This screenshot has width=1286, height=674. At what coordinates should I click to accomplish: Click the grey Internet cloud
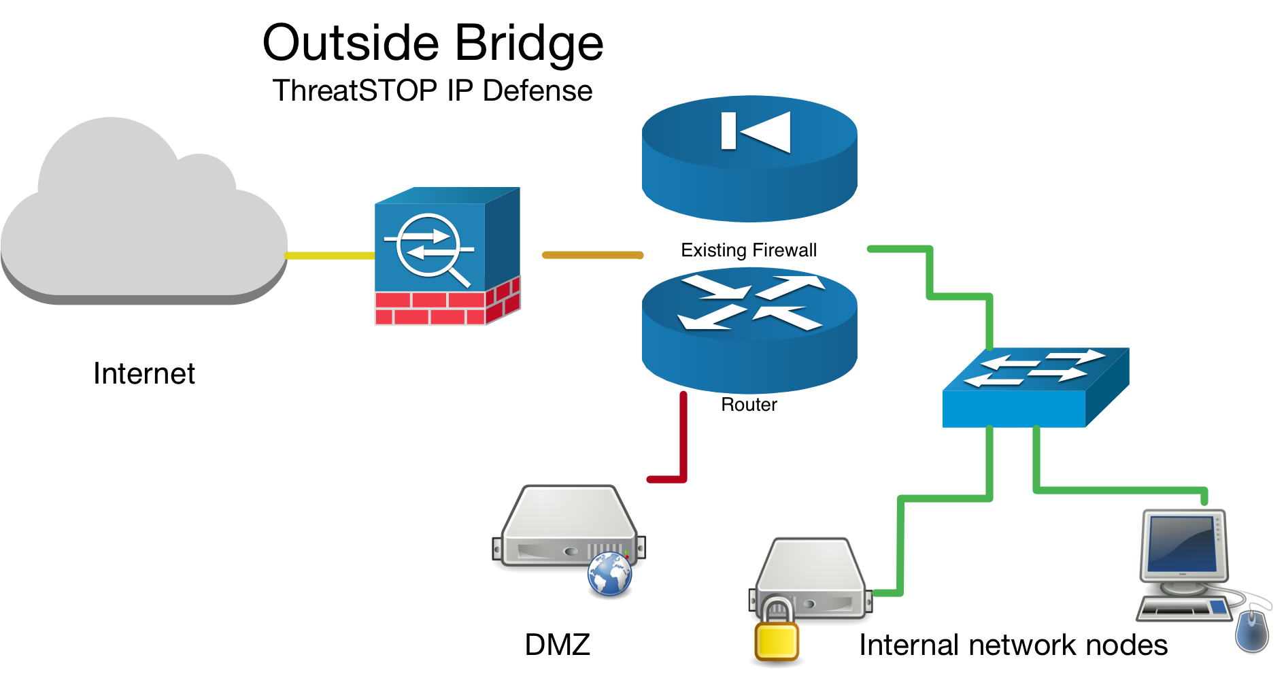point(143,218)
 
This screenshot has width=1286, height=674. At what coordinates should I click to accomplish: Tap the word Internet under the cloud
point(144,373)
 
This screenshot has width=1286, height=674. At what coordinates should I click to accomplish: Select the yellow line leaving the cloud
point(330,256)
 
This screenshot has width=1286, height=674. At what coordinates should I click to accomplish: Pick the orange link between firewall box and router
point(592,255)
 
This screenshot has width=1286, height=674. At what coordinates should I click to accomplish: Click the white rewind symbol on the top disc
point(756,131)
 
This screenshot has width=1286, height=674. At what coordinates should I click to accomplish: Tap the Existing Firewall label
point(749,250)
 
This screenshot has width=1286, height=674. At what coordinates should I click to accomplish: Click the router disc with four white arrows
point(749,331)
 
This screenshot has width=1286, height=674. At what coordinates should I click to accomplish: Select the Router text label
point(749,405)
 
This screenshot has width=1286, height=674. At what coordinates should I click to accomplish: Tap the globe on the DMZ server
point(610,574)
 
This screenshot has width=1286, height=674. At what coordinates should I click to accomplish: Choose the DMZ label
point(557,645)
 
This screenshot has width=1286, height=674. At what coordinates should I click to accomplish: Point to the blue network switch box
point(1035,388)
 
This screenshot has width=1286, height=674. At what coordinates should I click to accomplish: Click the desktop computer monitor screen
point(1181,545)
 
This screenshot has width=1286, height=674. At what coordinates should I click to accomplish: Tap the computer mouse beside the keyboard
point(1253,630)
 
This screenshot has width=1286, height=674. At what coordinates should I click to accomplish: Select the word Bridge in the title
point(529,44)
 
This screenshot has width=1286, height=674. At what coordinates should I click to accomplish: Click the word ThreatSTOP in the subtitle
point(355,90)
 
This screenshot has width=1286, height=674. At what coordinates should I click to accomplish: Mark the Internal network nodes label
point(1013,645)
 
